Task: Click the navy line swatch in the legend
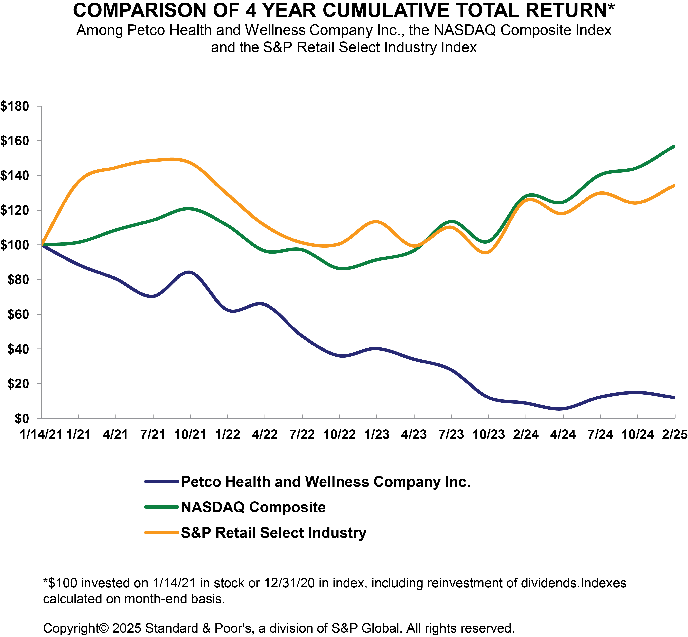coord(161,482)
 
